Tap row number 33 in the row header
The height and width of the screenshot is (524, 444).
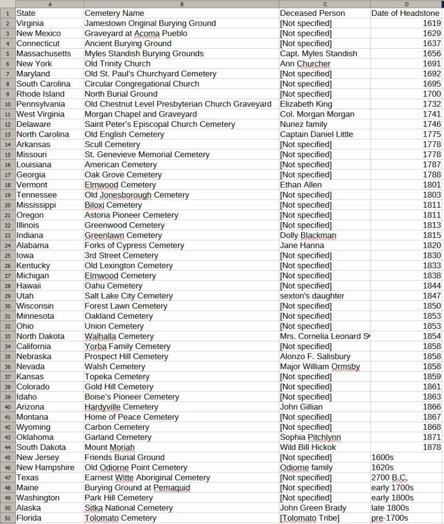click(x=8, y=336)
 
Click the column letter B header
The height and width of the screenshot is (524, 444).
click(x=181, y=4)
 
